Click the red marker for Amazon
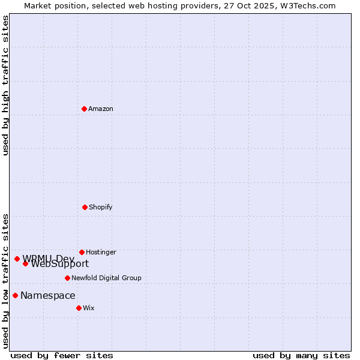click(84, 109)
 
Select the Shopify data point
click(85, 207)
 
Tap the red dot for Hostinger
click(82, 252)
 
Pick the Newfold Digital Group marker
click(67, 278)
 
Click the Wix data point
click(79, 308)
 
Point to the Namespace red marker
click(15, 295)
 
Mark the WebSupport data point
click(25, 263)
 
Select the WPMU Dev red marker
click(17, 259)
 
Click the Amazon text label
click(101, 109)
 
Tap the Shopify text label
click(101, 208)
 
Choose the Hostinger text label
click(101, 253)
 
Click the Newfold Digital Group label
click(106, 278)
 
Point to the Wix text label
click(89, 308)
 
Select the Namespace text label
click(48, 296)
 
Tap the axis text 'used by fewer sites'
click(62, 356)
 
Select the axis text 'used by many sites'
click(301, 356)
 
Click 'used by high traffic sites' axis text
click(6, 86)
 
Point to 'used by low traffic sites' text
click(6, 281)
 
